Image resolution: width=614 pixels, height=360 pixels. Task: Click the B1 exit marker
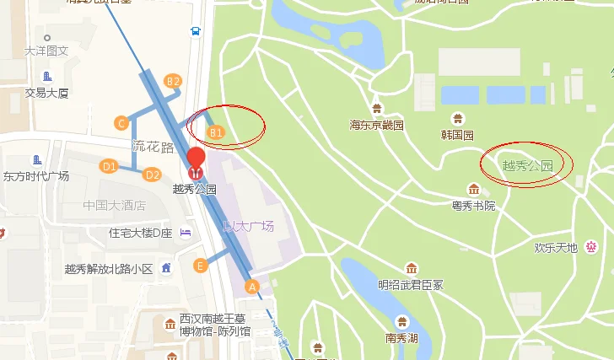[x=216, y=132]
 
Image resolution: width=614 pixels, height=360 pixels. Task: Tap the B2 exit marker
[x=173, y=81]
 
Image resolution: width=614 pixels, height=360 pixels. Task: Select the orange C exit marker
[x=122, y=123]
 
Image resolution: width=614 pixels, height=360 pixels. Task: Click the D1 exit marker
[x=108, y=166]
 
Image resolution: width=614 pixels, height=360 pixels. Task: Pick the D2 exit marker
[x=152, y=175]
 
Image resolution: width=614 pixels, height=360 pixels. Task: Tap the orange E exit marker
[x=200, y=266]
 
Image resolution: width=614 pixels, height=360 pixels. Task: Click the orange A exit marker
[x=251, y=286]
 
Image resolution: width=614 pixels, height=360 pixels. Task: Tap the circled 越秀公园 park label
[x=527, y=166]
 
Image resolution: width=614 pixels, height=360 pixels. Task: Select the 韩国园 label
[x=458, y=135]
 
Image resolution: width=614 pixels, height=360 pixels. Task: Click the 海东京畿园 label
[x=377, y=125]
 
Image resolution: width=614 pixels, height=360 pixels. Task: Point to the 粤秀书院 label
[x=473, y=205]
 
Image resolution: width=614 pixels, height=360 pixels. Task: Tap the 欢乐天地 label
[x=556, y=247]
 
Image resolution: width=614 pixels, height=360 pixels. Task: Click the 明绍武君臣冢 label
[x=410, y=284]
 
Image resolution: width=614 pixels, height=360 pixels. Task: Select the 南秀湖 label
[x=401, y=339]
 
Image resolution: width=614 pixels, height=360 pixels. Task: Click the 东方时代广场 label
[x=36, y=176]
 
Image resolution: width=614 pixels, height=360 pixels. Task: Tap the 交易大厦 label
[x=46, y=93]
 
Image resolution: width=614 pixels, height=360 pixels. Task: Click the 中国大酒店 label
[x=114, y=205]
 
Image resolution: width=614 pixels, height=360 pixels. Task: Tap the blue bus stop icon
[x=196, y=32]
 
